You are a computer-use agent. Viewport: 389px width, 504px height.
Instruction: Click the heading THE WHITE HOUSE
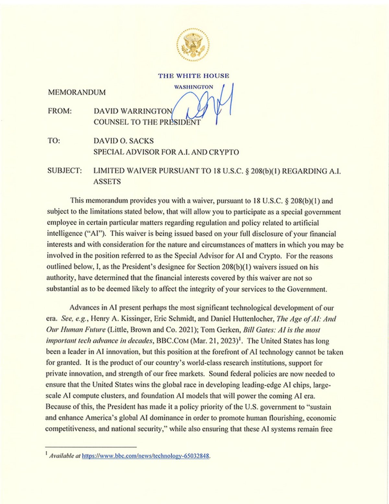click(x=194, y=76)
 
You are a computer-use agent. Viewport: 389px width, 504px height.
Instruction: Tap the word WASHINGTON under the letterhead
click(x=194, y=87)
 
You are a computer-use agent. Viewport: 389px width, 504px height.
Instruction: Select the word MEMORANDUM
click(x=77, y=93)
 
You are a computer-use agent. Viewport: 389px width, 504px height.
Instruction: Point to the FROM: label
click(x=60, y=111)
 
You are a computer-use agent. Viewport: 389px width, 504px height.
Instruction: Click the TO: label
click(x=54, y=141)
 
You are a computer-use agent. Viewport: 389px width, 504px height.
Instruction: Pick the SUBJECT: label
click(x=65, y=170)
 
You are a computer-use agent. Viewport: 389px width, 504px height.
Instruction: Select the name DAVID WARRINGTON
click(x=133, y=111)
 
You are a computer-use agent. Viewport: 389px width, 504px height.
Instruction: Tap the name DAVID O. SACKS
click(x=124, y=141)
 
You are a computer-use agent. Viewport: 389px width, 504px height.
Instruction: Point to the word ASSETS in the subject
click(x=107, y=182)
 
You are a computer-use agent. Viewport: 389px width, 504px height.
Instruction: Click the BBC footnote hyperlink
click(x=146, y=456)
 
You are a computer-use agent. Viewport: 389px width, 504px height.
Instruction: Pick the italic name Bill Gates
click(x=256, y=330)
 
